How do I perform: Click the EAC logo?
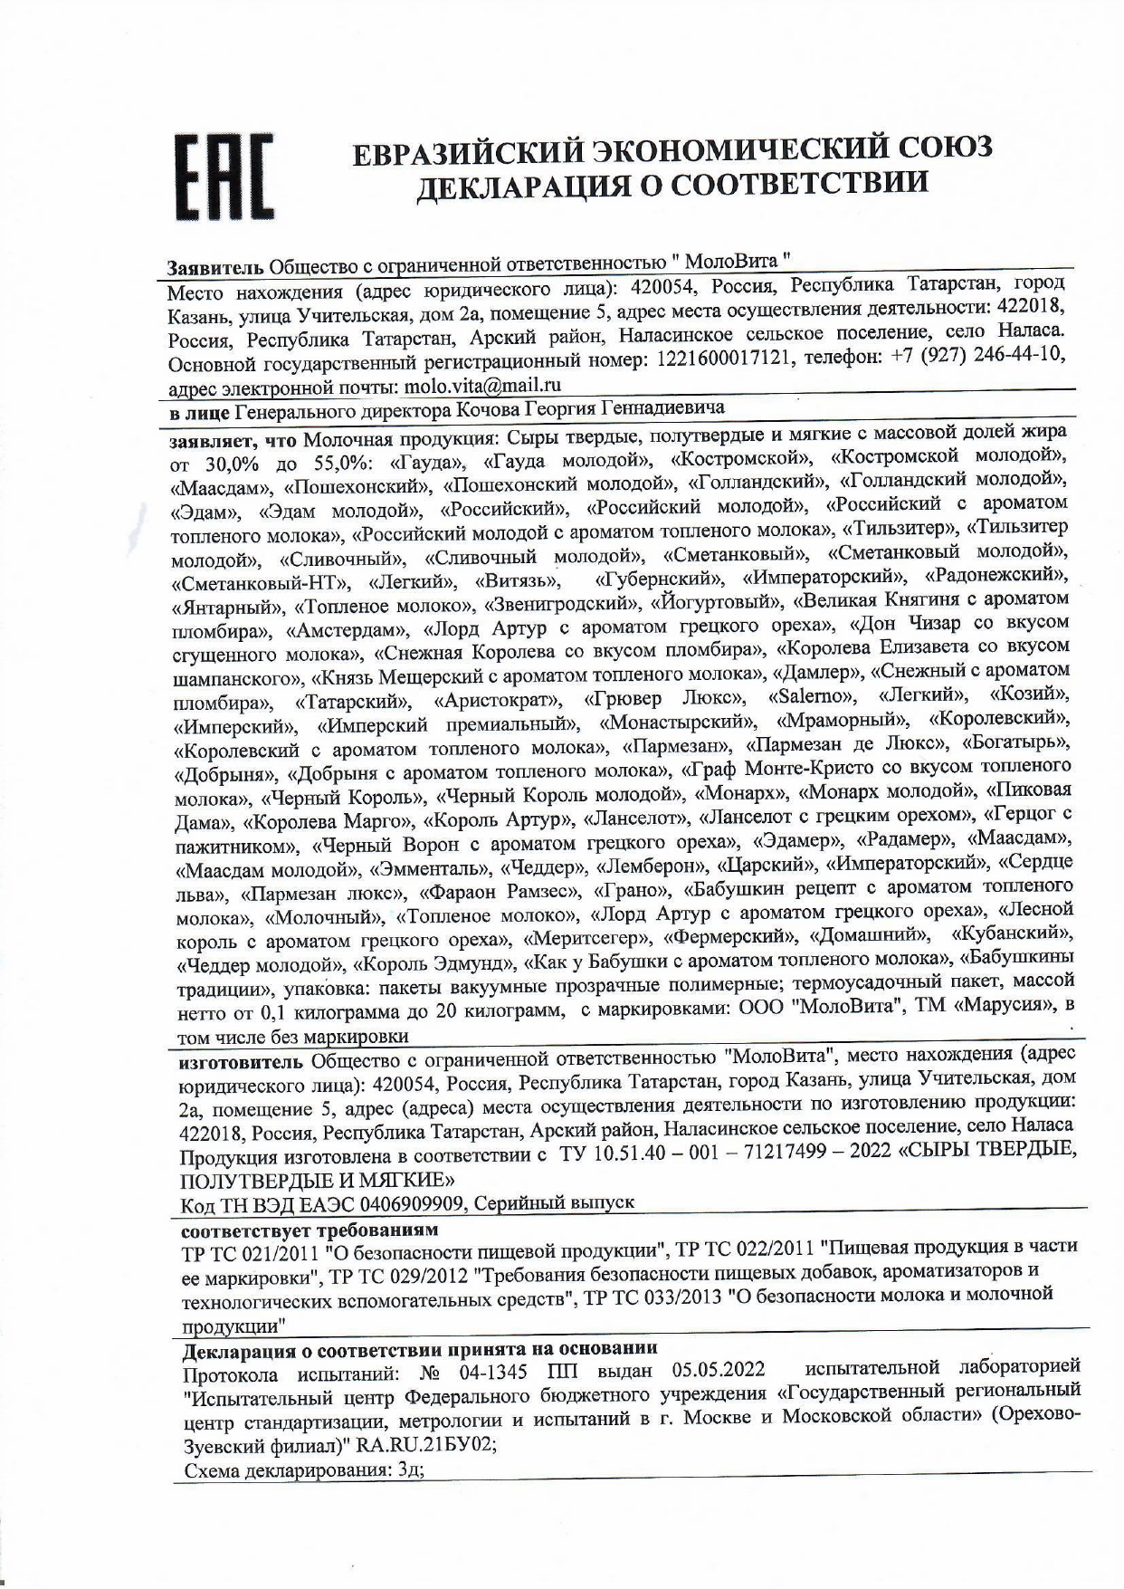[x=224, y=178]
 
